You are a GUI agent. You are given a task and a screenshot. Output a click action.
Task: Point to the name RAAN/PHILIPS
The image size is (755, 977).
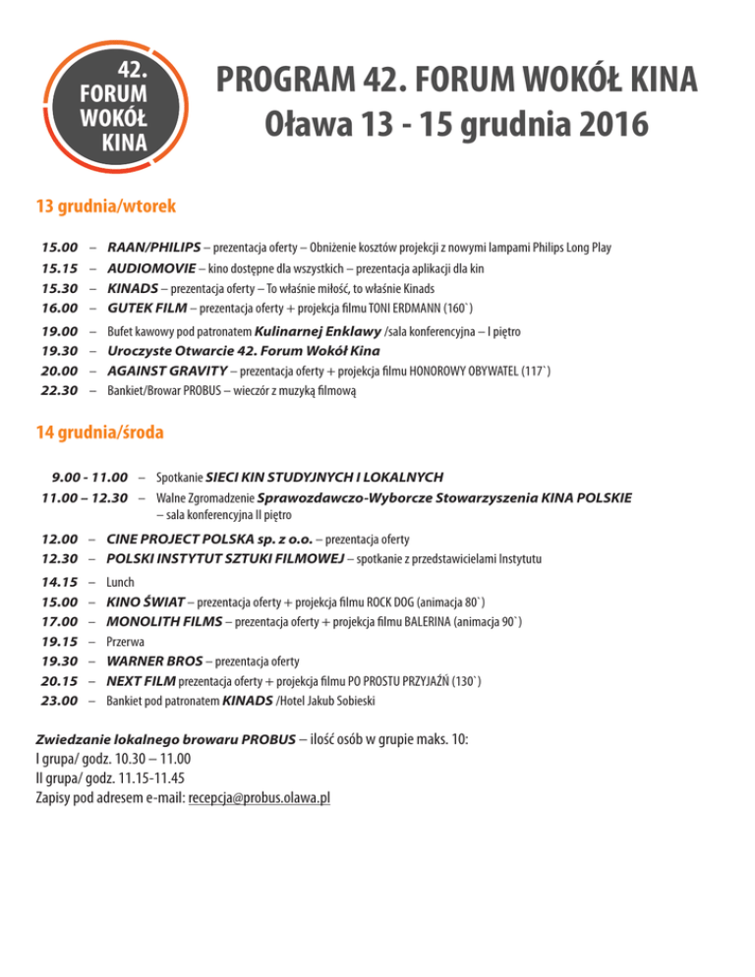(x=153, y=248)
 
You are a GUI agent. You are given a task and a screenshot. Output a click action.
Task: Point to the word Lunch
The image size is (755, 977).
(x=120, y=582)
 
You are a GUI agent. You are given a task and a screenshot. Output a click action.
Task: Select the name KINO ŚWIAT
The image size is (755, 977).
(x=147, y=602)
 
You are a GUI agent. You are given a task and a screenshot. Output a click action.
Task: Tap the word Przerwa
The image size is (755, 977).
(x=126, y=641)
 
